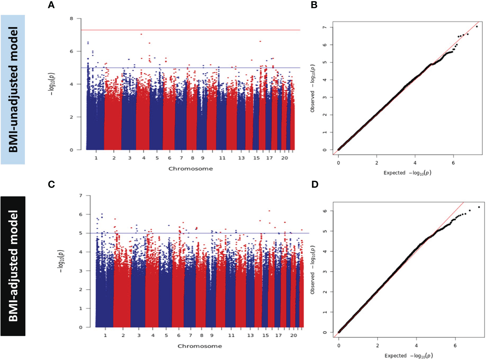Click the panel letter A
tap(51, 5)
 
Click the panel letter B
tap(314, 5)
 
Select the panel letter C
tap(51, 184)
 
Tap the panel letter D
tap(315, 184)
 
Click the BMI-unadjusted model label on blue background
tap(13, 89)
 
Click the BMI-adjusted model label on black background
tap(13, 266)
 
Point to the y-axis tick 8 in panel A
tap(71, 18)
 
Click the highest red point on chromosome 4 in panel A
tap(141, 34)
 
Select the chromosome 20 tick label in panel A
tap(285, 158)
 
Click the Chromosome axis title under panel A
tap(191, 169)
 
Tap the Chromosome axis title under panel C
tap(200, 346)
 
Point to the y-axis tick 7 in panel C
tap(80, 195)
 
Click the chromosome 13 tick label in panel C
tap(250, 335)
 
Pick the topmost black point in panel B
tap(477, 27)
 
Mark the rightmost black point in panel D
tap(479, 207)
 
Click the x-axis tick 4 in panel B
tap(415, 163)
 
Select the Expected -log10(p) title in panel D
tap(409, 356)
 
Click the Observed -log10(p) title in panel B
tap(313, 88)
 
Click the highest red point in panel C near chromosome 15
tap(269, 211)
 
